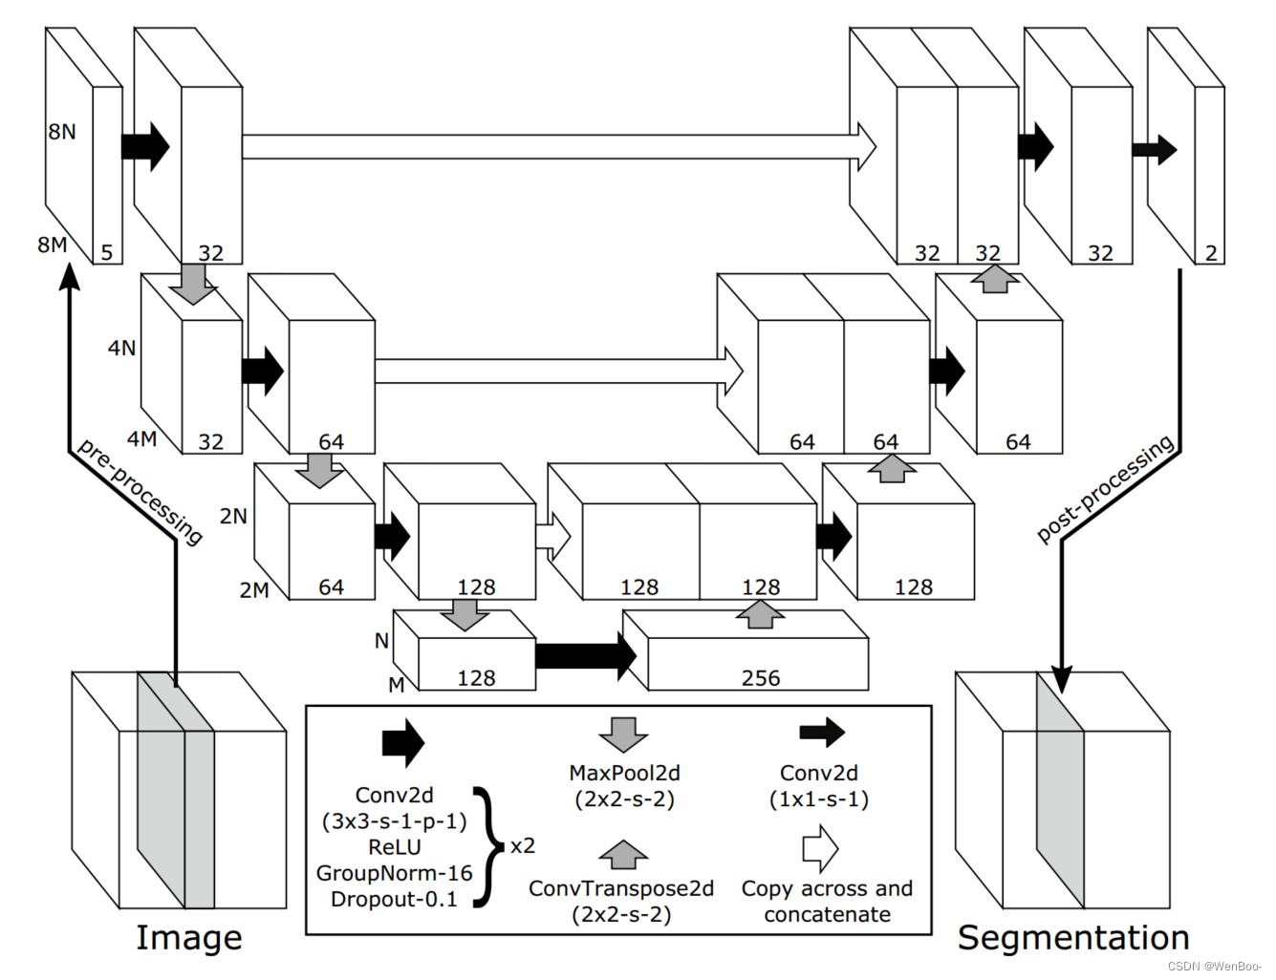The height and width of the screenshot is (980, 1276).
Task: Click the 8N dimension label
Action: [62, 132]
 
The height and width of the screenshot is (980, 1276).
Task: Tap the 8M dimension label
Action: [52, 245]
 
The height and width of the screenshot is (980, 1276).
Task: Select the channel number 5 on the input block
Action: [107, 252]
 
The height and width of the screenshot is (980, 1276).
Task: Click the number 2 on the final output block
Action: [1211, 252]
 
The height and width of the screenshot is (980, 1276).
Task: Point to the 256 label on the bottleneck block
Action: [761, 677]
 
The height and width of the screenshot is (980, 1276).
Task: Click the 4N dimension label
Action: [121, 348]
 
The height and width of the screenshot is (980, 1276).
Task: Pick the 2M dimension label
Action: [254, 590]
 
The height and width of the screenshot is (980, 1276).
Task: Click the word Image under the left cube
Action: [189, 937]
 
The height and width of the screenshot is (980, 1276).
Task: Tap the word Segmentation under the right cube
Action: [1073, 937]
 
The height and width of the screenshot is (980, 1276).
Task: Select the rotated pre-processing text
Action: [141, 491]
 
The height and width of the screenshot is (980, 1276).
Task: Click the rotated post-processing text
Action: [1106, 488]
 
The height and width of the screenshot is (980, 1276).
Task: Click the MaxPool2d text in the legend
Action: [624, 773]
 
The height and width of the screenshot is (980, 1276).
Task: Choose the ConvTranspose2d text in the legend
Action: [621, 888]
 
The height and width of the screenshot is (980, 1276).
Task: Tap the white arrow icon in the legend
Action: [820, 848]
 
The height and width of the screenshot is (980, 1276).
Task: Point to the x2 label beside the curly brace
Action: [523, 846]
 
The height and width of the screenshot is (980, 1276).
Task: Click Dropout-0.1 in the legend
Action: [394, 899]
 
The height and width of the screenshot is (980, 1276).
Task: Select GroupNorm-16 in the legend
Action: [394, 873]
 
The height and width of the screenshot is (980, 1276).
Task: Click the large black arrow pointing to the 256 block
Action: [585, 655]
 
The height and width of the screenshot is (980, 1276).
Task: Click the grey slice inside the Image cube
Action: [176, 793]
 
